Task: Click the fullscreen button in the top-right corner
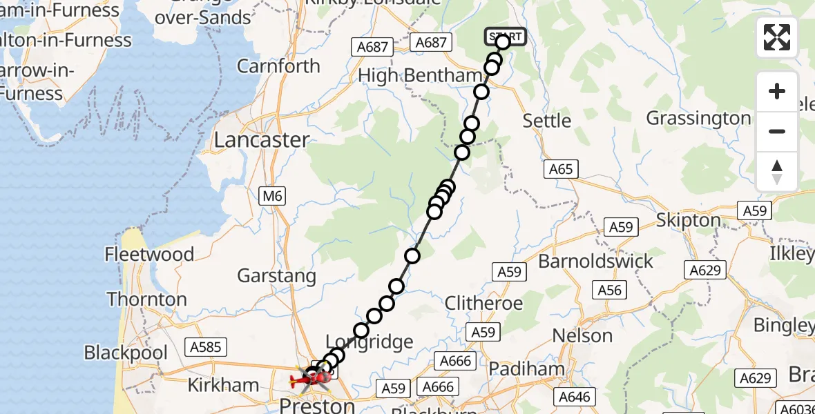(777, 37)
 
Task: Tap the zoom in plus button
(777, 91)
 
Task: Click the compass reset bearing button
(777, 172)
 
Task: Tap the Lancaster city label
(261, 140)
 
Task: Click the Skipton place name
(688, 220)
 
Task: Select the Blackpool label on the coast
(126, 353)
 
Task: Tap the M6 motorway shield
(273, 197)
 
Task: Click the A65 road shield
(561, 169)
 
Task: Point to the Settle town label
(547, 121)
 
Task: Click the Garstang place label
(276, 276)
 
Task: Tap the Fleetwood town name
(149, 255)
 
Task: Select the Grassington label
(698, 119)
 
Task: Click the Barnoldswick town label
(595, 262)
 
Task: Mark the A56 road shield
(609, 290)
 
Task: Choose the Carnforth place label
(278, 66)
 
